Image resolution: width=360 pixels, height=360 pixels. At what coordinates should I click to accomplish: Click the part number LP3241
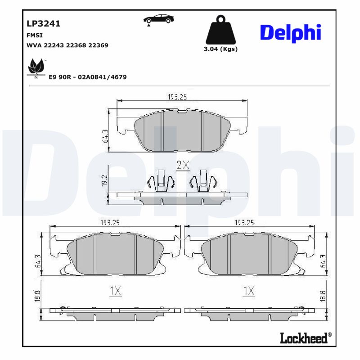(44, 23)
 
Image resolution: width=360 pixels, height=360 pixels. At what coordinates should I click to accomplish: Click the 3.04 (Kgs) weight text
(220, 49)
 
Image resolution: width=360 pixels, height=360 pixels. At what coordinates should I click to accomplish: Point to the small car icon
(160, 19)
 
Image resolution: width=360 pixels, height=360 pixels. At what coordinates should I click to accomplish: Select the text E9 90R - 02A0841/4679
(87, 77)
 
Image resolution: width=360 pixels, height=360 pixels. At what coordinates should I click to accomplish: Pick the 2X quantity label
(182, 165)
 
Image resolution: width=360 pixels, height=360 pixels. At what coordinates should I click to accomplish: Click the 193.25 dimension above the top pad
(177, 97)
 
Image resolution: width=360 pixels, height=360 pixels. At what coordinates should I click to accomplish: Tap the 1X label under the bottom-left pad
(116, 291)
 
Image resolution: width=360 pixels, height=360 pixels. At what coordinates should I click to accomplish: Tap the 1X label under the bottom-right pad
(248, 291)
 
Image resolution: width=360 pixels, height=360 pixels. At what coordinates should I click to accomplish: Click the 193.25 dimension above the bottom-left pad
(109, 222)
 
